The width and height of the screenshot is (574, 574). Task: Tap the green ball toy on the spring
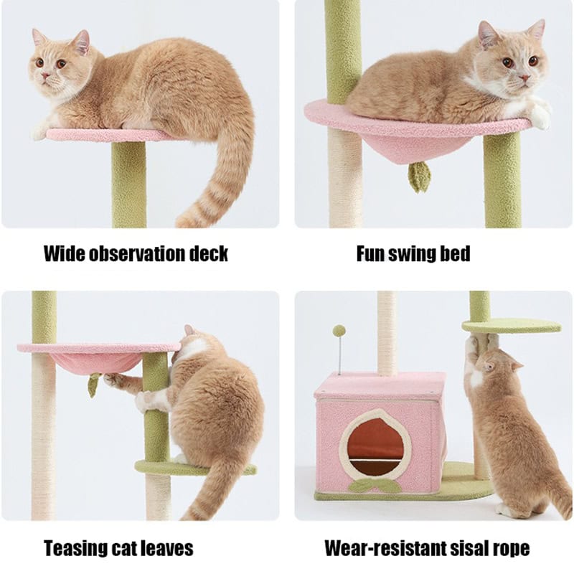[338, 331]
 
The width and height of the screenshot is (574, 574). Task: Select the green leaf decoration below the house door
[375, 486]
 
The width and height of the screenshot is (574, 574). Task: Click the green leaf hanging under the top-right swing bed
[419, 176]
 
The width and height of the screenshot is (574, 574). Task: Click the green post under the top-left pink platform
[128, 183]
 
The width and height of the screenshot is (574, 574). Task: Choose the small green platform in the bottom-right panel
[511, 326]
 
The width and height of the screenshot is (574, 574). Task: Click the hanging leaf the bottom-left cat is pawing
[93, 386]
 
